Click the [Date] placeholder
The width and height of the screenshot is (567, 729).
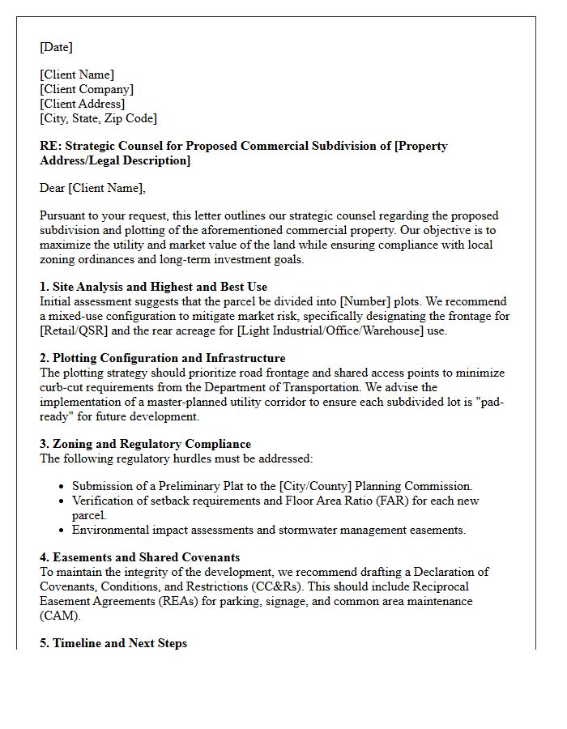click(x=56, y=47)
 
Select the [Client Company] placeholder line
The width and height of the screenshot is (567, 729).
click(x=87, y=89)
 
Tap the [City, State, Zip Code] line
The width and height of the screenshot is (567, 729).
click(x=98, y=118)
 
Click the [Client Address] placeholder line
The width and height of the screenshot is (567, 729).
click(x=82, y=104)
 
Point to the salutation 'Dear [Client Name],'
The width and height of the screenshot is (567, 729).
click(x=92, y=188)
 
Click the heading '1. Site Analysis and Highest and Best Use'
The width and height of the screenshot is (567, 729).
click(x=153, y=287)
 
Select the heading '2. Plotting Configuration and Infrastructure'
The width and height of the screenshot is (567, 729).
click(x=162, y=358)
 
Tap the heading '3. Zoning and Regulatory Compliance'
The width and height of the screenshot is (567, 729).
click(x=145, y=444)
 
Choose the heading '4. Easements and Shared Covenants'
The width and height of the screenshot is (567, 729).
click(x=139, y=557)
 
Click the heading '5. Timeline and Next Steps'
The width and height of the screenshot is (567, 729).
click(x=113, y=643)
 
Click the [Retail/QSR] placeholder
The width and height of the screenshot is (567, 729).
click(x=75, y=330)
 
